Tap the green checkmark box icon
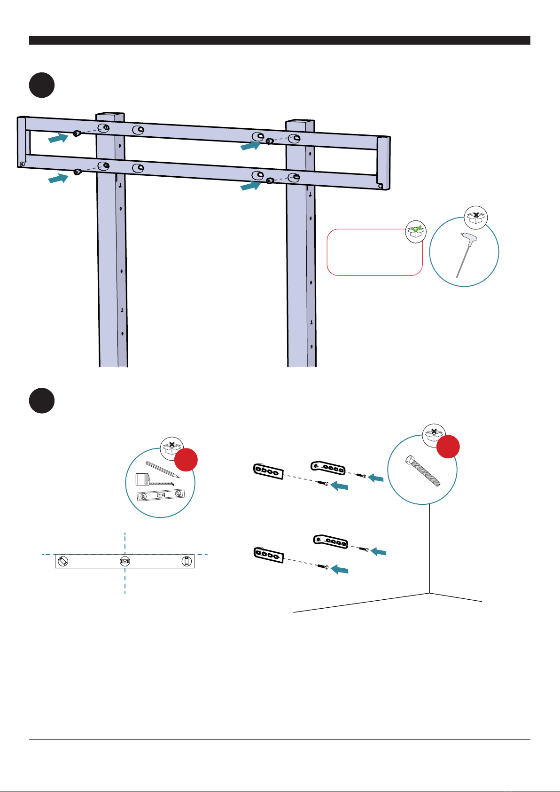(x=416, y=232)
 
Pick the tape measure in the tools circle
(x=143, y=480)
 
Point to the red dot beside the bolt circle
(x=448, y=446)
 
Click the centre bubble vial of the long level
(x=124, y=561)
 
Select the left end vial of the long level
(x=63, y=561)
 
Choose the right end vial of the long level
(x=187, y=561)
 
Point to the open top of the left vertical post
(x=110, y=116)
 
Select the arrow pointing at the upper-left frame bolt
(x=58, y=138)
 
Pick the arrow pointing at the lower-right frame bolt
(x=250, y=186)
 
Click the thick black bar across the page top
(x=280, y=40)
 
